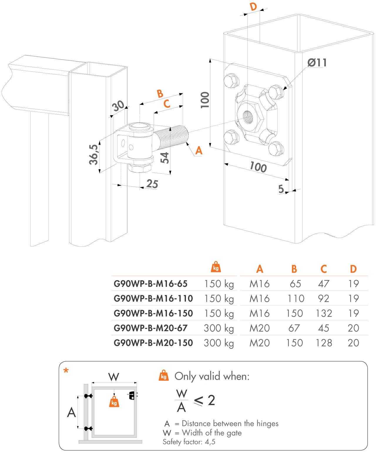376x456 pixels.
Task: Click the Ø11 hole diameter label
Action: click(x=317, y=63)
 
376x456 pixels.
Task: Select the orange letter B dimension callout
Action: click(x=160, y=94)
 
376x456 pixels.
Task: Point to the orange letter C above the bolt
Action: click(x=167, y=104)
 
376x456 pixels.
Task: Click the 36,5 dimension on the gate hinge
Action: click(x=94, y=155)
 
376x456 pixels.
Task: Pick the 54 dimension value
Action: click(x=165, y=158)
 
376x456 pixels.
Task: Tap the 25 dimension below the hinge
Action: click(x=152, y=184)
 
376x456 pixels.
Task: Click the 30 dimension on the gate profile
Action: click(x=118, y=106)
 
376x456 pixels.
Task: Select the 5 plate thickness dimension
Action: click(x=281, y=189)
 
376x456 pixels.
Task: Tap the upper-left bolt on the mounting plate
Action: click(x=231, y=81)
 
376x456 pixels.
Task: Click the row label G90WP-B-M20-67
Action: click(x=150, y=328)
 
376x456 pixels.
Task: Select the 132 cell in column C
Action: click(x=324, y=313)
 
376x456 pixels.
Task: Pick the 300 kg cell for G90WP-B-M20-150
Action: click(x=219, y=343)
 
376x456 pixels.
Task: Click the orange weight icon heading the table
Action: click(x=216, y=267)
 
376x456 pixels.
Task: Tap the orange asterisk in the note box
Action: click(x=66, y=371)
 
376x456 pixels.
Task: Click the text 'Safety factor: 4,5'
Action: click(x=189, y=442)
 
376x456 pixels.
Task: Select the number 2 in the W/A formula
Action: click(x=211, y=400)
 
